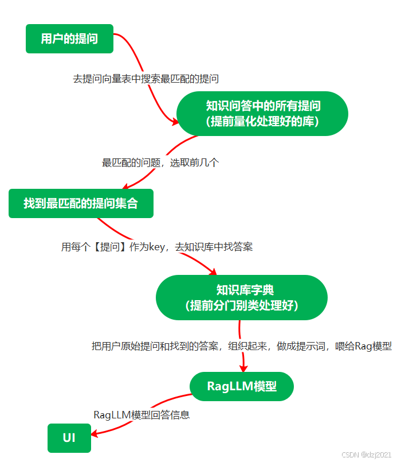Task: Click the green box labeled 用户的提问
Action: pos(69,38)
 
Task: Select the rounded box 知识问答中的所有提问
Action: pos(262,114)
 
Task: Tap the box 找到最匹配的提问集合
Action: pos(81,203)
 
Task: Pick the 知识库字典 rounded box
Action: pos(241,297)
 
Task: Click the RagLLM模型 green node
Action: pos(241,386)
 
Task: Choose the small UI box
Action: pos(69,438)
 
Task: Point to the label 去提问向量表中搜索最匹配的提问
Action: pos(146,79)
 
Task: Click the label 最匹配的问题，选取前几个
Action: pos(160,162)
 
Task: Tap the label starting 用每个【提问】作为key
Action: pos(157,247)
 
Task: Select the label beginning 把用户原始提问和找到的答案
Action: pos(241,346)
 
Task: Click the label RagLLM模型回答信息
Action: pos(141,414)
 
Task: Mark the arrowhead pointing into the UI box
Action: pos(93,434)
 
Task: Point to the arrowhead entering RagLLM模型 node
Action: pos(243,368)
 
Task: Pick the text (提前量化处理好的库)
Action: pos(262,122)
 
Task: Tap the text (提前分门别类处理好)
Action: pos(241,306)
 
